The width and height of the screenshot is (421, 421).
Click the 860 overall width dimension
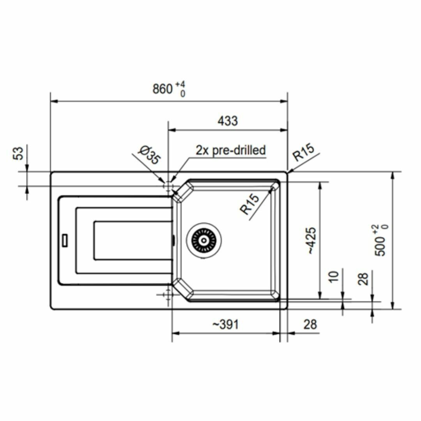coord(163,89)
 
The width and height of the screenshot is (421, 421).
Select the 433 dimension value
coord(227,121)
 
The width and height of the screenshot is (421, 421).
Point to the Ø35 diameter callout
coord(149,155)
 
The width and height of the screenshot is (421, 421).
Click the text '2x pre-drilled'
coord(231,150)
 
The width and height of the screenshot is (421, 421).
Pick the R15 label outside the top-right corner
coord(303,152)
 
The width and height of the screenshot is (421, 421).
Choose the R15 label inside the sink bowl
coord(250,204)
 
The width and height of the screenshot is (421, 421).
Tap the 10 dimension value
coord(334,276)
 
